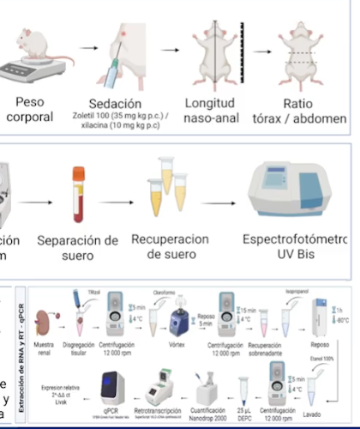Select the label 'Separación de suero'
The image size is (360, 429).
tap(78, 246)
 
